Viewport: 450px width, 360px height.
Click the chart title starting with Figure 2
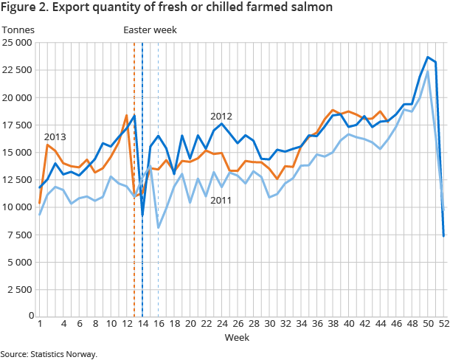(166, 8)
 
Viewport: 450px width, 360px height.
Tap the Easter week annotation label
(150, 30)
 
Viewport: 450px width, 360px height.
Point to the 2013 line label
(55, 137)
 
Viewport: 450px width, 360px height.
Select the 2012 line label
(221, 117)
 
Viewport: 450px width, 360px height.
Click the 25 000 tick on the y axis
(17, 43)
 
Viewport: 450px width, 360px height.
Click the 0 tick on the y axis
(28, 316)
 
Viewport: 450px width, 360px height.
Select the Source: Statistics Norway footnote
(49, 354)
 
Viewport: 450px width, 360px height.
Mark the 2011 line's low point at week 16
(158, 227)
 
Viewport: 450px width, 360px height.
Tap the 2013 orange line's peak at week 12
(126, 115)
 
